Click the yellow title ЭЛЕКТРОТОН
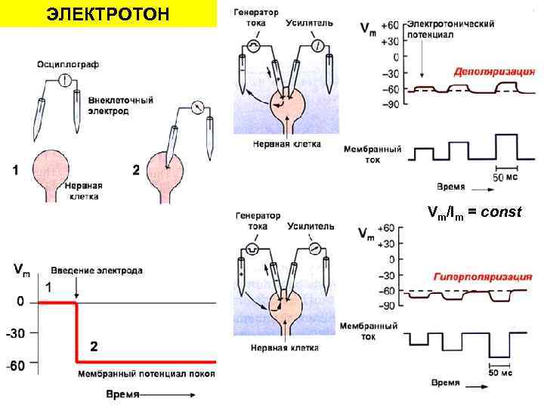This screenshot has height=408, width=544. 107,14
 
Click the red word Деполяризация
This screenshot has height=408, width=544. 494,72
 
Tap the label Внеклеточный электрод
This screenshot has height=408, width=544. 120,105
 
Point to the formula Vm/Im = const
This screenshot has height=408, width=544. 474,212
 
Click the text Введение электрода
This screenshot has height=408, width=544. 97,270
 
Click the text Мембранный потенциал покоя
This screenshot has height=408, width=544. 146,373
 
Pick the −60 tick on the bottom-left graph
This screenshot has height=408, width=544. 14,364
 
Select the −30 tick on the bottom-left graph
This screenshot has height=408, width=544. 14,333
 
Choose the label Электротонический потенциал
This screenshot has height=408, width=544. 450,29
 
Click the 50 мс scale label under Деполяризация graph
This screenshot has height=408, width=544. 505,177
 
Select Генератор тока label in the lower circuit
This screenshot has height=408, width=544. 258,220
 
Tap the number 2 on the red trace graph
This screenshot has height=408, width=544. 94,347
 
